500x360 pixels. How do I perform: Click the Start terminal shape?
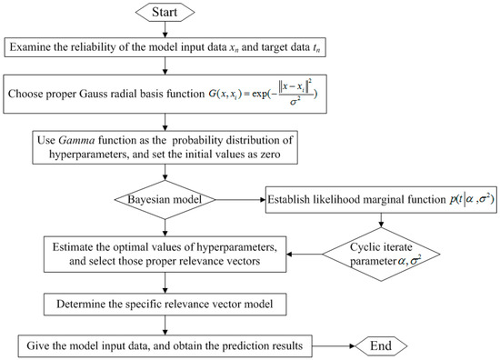(166, 13)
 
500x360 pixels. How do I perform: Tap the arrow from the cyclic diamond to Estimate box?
(336, 245)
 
